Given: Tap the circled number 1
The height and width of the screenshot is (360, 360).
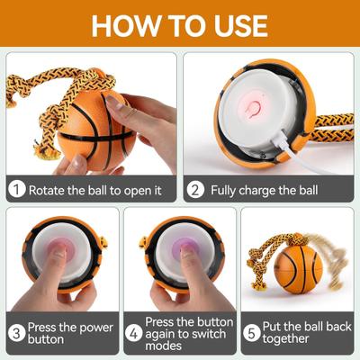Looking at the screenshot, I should coord(16,191).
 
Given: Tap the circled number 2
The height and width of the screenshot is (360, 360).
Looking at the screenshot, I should coord(194,191).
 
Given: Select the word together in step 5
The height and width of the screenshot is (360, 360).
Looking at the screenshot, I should coord(288,340).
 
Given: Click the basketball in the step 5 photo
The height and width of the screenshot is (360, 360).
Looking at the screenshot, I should coord(298,269).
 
